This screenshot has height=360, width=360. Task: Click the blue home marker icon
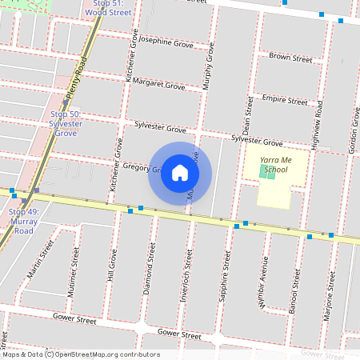180,173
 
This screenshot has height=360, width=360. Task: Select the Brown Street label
290,58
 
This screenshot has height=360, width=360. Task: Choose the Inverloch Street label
189,270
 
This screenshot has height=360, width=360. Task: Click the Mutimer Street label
74,270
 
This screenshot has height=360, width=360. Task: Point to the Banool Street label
296,289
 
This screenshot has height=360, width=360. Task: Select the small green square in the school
270,174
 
